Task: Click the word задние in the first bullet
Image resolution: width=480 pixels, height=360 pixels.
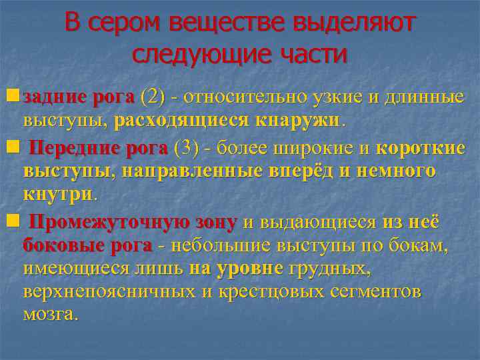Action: [55, 97]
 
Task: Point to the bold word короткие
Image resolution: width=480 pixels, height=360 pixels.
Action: [421, 147]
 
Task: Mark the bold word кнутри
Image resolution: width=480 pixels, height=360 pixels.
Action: [59, 195]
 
